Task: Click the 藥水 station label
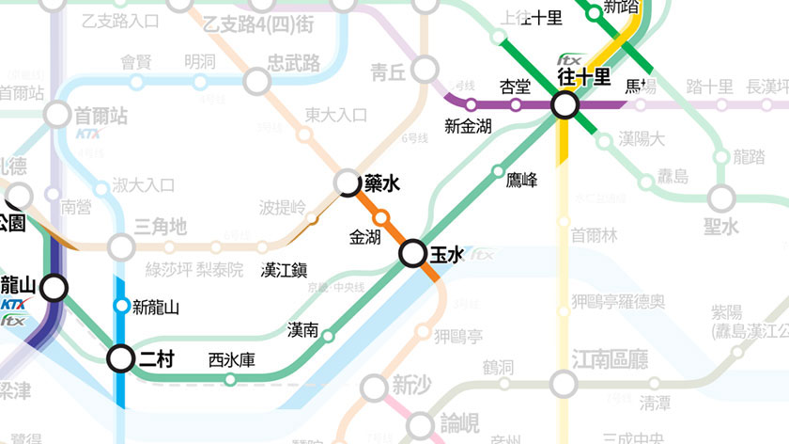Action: tap(383, 184)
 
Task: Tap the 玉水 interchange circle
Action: tap(413, 254)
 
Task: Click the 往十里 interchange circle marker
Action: tap(565, 105)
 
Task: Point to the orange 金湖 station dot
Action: tap(381, 219)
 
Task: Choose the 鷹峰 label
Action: tap(521, 178)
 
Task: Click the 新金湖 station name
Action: tap(468, 126)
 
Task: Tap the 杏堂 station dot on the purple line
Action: tap(515, 104)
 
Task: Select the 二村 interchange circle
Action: tap(121, 358)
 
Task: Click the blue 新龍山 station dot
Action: tap(121, 306)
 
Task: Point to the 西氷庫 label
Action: tap(231, 360)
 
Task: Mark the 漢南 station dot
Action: tap(328, 336)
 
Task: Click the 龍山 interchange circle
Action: tap(54, 288)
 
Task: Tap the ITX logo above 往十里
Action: tap(569, 58)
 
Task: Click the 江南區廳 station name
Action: tap(610, 359)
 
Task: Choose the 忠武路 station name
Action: tap(293, 63)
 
